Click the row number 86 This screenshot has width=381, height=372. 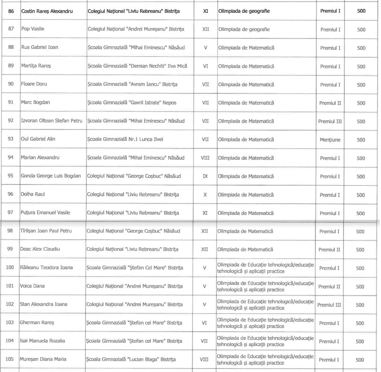click(11, 11)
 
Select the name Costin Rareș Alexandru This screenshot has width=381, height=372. click(47, 11)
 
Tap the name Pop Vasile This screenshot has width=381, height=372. click(33, 29)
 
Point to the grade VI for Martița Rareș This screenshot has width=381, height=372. click(205, 66)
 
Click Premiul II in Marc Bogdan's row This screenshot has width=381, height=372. click(330, 103)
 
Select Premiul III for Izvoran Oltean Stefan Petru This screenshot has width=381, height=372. click(330, 121)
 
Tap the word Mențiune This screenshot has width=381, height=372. click(330, 140)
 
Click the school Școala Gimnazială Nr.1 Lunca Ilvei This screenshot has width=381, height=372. click(125, 139)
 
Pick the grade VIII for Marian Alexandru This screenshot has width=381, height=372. click(205, 158)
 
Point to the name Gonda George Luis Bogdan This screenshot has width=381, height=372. click(51, 176)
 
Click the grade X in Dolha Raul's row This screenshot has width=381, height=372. click(205, 195)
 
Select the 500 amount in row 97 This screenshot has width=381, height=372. click(361, 213)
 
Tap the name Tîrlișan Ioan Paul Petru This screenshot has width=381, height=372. click(49, 231)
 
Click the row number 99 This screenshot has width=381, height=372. click(10, 249)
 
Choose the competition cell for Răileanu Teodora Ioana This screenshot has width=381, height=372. click(265, 268)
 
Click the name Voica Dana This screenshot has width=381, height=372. click(32, 286)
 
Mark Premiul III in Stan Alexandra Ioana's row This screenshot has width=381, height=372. click(329, 305)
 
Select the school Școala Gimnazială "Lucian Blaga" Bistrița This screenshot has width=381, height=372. click(131, 360)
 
